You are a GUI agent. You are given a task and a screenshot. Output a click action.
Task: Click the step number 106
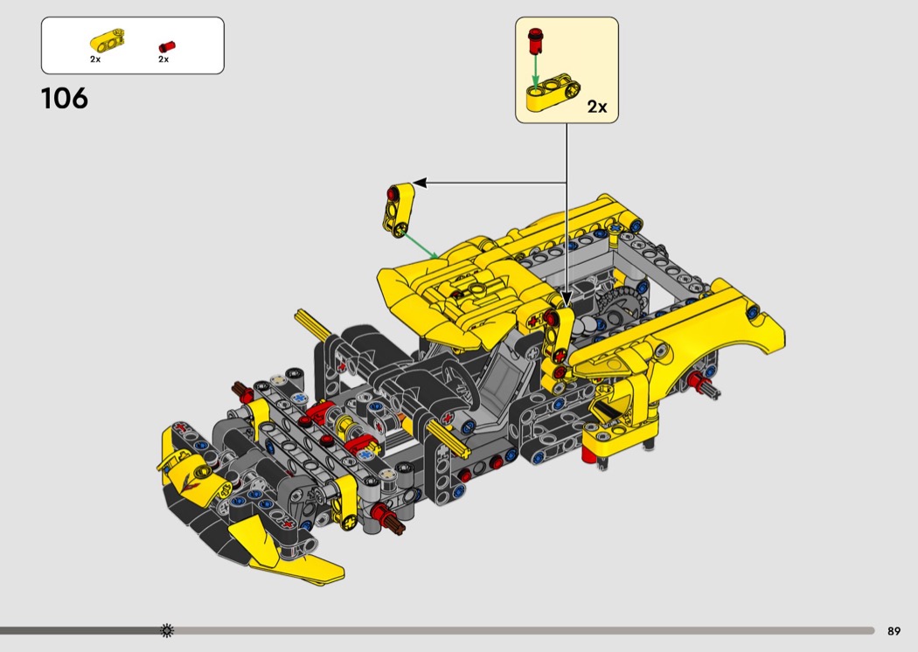pos(65,99)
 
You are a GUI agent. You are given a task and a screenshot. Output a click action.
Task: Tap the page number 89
pos(894,631)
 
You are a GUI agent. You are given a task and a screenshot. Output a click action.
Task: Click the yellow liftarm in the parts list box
pos(108,40)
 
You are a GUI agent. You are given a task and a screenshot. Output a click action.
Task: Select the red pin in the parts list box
pos(167,47)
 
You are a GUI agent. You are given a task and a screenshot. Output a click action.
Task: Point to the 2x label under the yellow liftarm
pos(95,59)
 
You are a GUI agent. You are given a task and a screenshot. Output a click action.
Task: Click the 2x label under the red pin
pos(163,59)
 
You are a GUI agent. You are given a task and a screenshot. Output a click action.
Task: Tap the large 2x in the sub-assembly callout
pos(597,107)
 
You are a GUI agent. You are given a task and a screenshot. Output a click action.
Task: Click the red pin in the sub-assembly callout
pos(534,41)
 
